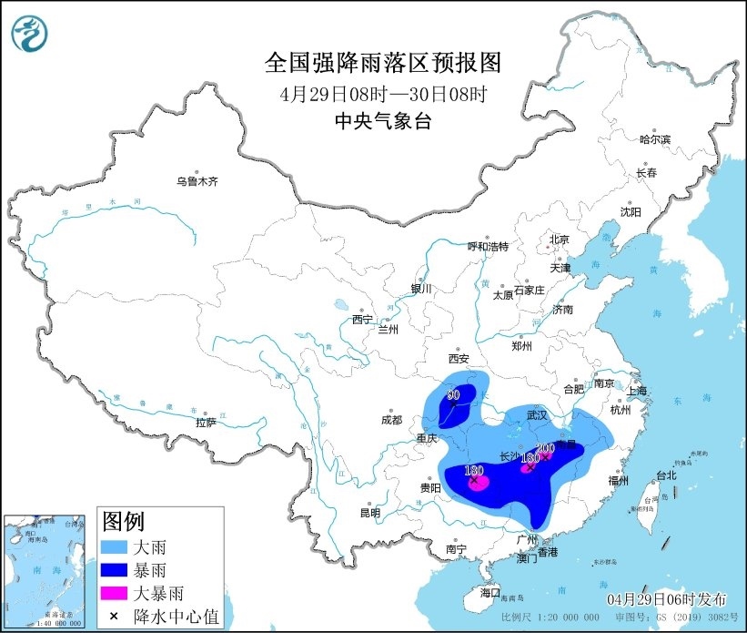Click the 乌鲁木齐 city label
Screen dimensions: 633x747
pos(197,181)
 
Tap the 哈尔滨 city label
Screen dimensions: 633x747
pos(654,139)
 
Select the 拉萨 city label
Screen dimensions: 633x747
pos(206,422)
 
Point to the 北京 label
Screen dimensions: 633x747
pos(558,240)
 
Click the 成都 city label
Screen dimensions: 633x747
pos(391,420)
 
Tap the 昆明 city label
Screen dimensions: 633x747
pos(369,513)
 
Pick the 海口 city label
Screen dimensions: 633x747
pos(490,593)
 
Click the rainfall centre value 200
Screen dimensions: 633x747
pos(546,448)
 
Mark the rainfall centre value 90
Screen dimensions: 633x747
pos(452,395)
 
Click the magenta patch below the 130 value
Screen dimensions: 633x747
pos(478,483)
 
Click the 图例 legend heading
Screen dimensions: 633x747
pos(123,522)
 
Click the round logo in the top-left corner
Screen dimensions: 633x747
pos(29,34)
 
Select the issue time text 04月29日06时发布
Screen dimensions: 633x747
pos(667,598)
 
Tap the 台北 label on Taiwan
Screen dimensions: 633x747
pos(666,475)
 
